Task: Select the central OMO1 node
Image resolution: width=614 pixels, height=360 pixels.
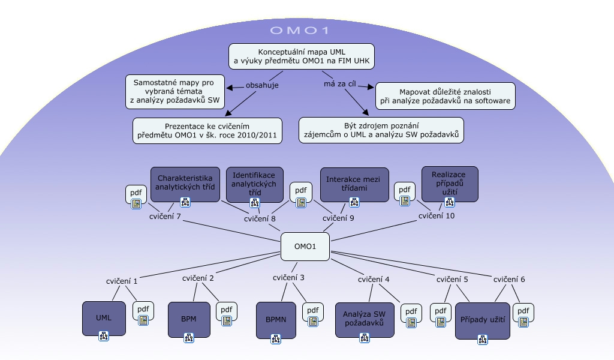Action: click(x=305, y=247)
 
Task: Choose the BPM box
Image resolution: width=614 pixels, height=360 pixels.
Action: click(x=188, y=319)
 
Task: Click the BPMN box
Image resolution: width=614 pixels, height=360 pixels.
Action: click(x=276, y=319)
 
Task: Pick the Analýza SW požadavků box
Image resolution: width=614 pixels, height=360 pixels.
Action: click(x=363, y=318)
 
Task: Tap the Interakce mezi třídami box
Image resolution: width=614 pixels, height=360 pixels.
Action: click(x=354, y=183)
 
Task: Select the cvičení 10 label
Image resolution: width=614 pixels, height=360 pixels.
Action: click(x=436, y=216)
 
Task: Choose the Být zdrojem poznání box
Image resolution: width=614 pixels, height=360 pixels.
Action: click(x=381, y=130)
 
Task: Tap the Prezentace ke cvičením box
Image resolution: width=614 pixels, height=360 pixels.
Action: click(x=208, y=131)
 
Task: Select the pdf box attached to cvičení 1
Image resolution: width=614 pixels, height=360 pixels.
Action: click(x=143, y=312)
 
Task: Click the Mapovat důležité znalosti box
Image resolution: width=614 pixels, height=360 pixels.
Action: click(x=446, y=96)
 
